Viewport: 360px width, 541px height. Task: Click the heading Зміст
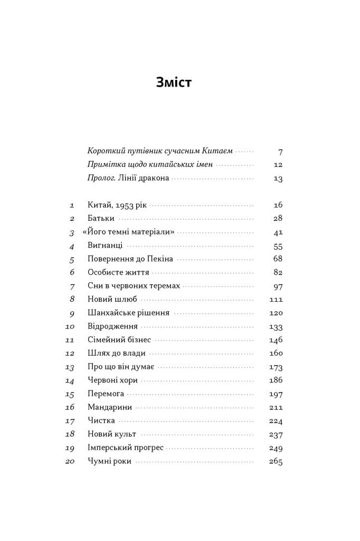pos(174,82)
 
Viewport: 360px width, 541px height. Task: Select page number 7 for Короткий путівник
pos(280,152)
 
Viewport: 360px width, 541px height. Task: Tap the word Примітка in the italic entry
pos(106,165)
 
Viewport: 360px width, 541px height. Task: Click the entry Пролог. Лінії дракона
pos(128,178)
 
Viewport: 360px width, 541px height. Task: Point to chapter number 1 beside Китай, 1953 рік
pos(72,205)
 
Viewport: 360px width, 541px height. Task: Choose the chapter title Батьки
pos(101,218)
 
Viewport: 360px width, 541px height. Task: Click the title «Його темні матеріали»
pos(128,232)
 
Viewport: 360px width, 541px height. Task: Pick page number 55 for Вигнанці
pos(278,246)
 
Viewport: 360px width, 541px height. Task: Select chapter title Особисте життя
pos(118,273)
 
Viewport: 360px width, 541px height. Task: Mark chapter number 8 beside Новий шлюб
pos(72,299)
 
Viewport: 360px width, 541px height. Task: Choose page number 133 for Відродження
pos(276,327)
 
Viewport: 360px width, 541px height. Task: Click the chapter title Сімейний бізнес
pos(119,340)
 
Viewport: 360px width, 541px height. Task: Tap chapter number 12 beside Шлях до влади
pos(70,353)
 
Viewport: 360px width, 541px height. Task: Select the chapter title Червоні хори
pos(112,380)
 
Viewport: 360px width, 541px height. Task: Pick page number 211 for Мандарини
pos(276,407)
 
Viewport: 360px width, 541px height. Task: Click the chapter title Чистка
pos(100,421)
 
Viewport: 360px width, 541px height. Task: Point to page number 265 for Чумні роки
pos(276,461)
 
